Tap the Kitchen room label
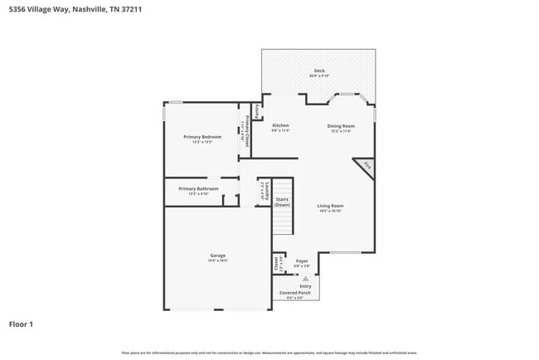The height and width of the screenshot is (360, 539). [280, 125]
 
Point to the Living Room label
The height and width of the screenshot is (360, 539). [331, 206]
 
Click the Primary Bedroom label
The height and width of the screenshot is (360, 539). [202, 136]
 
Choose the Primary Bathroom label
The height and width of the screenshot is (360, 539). [198, 189]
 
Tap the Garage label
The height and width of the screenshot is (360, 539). [217, 255]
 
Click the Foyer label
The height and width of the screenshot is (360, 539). [302, 261]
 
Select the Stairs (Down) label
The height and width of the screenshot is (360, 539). [283, 202]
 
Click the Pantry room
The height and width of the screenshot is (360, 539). [258, 110]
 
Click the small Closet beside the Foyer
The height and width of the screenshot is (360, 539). [277, 265]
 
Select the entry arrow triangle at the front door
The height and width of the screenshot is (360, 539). [305, 279]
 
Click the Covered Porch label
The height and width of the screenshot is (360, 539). [294, 293]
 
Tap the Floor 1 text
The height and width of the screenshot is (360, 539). [21, 324]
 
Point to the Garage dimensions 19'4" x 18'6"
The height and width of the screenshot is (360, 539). [217, 260]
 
